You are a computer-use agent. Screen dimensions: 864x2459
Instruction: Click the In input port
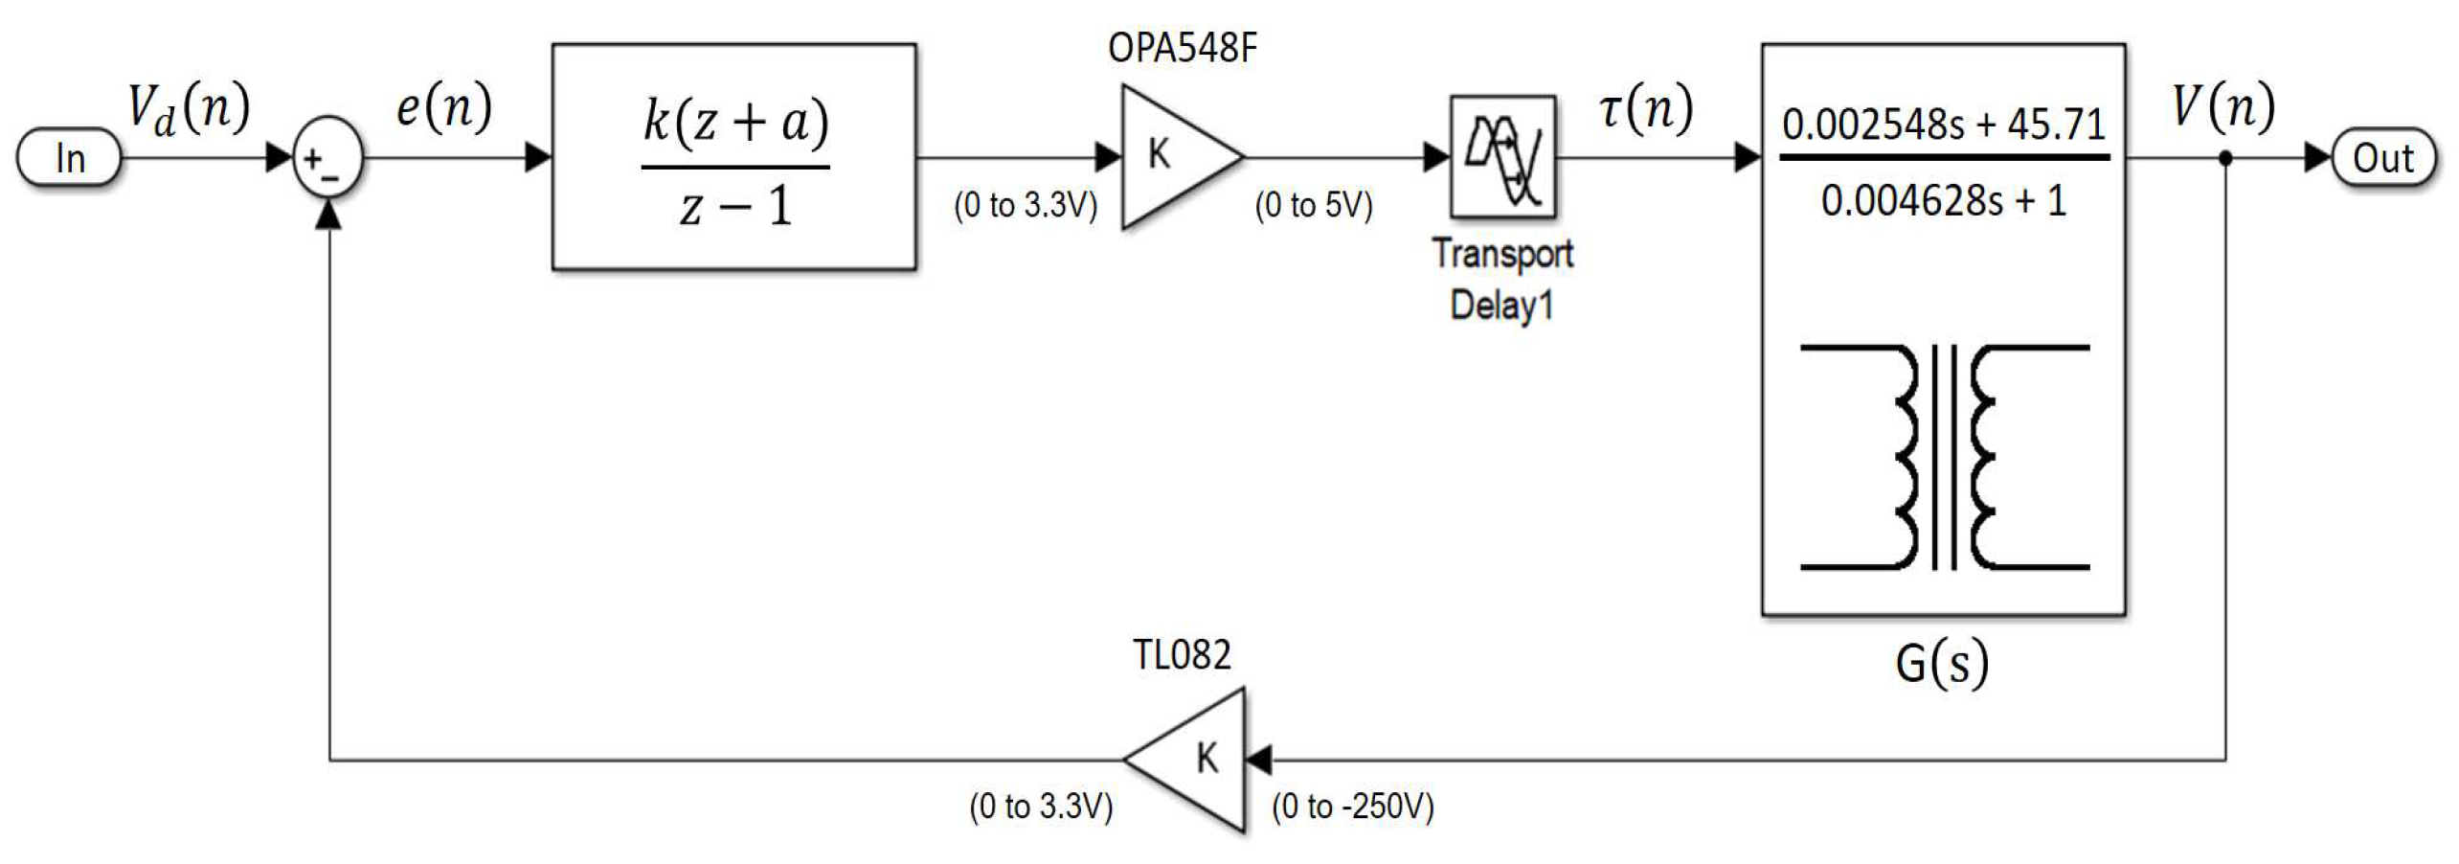click(69, 158)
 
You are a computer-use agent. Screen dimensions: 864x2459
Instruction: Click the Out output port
click(2382, 158)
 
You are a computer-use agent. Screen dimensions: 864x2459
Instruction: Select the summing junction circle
click(327, 159)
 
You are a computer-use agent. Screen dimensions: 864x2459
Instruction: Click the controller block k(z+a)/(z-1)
click(733, 157)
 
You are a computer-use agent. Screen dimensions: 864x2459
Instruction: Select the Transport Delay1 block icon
click(1501, 156)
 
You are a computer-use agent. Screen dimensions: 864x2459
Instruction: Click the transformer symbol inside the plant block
click(1944, 457)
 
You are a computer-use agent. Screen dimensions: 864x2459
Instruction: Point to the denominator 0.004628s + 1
click(1943, 201)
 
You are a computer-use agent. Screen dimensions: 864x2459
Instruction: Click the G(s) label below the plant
click(1942, 663)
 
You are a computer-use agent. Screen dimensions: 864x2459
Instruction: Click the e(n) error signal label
click(443, 107)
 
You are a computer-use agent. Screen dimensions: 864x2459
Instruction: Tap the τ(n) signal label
click(1645, 107)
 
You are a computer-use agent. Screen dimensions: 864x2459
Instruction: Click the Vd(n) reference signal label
click(189, 107)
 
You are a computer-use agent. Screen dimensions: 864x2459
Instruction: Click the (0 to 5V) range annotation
click(1314, 205)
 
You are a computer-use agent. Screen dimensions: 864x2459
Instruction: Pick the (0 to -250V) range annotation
click(1352, 807)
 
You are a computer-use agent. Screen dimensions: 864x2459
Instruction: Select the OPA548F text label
click(1182, 48)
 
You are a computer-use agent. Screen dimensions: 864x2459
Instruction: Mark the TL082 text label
click(1182, 655)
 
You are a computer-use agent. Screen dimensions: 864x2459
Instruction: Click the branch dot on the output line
click(2225, 158)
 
